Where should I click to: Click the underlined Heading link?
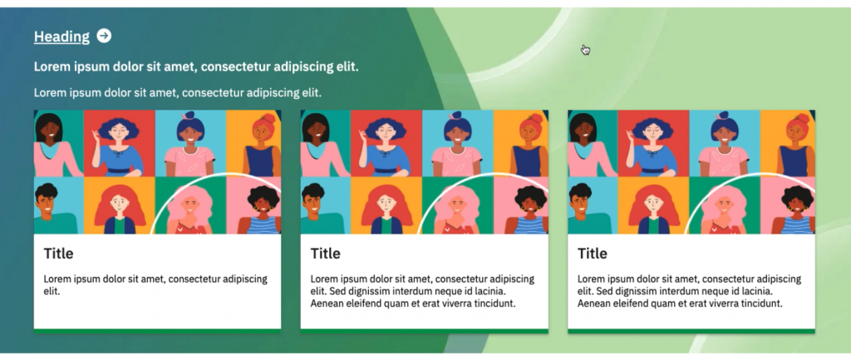click(x=61, y=37)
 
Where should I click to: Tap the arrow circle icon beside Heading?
click(x=104, y=36)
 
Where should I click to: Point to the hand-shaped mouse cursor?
click(x=586, y=50)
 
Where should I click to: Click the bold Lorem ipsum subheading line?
click(x=196, y=67)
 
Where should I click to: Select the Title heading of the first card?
click(x=58, y=254)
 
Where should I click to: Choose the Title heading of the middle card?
click(x=325, y=254)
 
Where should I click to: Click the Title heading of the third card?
click(x=592, y=254)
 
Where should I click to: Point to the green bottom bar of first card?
click(x=157, y=331)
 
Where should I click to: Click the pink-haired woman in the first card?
click(x=189, y=209)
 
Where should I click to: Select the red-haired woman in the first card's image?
click(x=120, y=210)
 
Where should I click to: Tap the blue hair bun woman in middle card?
click(x=458, y=145)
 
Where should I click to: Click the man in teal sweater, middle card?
click(x=321, y=209)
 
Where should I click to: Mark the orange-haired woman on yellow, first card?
click(x=261, y=145)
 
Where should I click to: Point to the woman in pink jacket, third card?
click(x=591, y=145)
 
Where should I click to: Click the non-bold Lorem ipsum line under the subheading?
click(x=178, y=92)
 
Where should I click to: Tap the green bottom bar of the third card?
click(x=691, y=331)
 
